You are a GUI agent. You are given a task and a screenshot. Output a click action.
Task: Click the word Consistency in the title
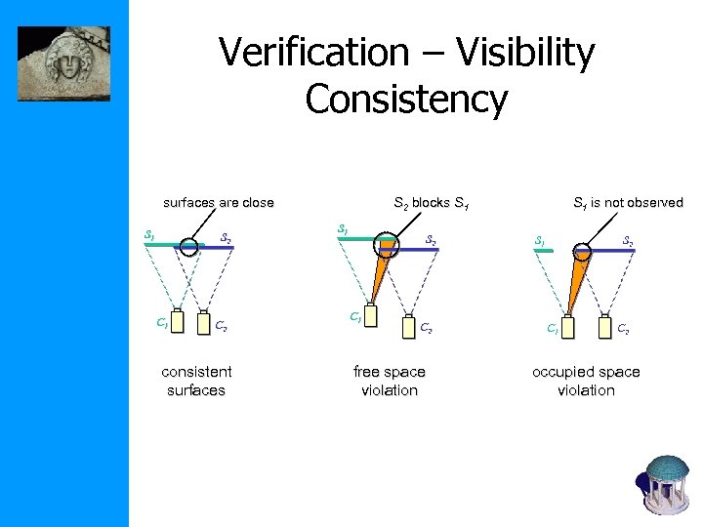(x=406, y=99)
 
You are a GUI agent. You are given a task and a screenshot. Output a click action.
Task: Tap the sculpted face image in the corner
(x=64, y=63)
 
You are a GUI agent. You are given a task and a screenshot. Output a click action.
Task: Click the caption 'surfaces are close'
(x=219, y=203)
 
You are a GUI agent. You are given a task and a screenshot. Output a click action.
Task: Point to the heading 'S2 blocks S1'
(x=431, y=203)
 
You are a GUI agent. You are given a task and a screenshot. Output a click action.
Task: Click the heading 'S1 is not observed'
(x=627, y=203)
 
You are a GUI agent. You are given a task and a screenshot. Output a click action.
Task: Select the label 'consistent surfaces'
(x=196, y=381)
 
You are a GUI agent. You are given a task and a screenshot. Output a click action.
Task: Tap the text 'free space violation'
(x=389, y=381)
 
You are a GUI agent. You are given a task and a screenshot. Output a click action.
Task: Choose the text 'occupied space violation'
(x=586, y=381)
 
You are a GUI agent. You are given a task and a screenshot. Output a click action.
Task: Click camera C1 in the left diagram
(x=177, y=321)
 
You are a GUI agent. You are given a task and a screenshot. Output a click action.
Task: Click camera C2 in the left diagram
(x=202, y=322)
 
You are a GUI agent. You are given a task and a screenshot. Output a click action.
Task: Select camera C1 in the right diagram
(x=568, y=326)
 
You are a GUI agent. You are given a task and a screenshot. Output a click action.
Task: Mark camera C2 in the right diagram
(x=604, y=326)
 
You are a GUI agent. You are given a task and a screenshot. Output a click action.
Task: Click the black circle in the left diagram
(x=189, y=248)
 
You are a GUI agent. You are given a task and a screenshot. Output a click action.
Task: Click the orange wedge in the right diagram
(x=576, y=288)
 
